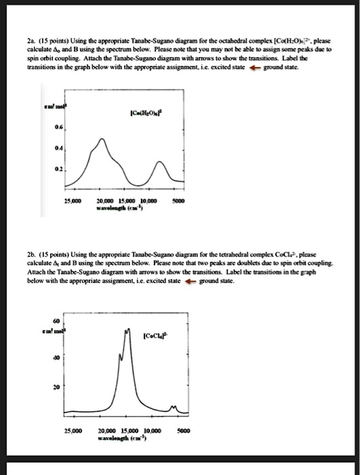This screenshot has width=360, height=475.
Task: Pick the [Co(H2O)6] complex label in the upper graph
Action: (153, 113)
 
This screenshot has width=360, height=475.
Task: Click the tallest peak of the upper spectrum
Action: (102, 139)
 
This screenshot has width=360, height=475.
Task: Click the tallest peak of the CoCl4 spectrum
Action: (127, 329)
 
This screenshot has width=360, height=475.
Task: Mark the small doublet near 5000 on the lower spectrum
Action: (176, 408)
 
